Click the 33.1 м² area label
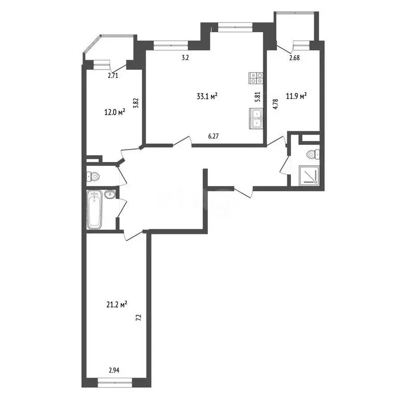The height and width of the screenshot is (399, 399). [x=207, y=97]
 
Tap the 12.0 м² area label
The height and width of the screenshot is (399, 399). [x=115, y=112]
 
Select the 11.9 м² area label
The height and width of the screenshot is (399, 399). [x=296, y=97]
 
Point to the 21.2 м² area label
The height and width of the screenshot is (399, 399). [x=117, y=304]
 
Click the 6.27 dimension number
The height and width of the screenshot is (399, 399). [x=214, y=137]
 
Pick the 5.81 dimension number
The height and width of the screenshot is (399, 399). [x=258, y=97]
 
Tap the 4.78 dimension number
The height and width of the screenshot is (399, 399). [x=275, y=104]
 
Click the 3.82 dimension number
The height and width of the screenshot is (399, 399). [x=137, y=103]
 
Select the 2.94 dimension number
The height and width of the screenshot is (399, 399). [x=114, y=370]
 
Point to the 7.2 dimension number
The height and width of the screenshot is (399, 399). [x=139, y=317]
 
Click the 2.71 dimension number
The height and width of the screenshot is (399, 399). [x=113, y=75]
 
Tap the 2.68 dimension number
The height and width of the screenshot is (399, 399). [x=295, y=58]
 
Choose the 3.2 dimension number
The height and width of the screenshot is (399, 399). [x=185, y=58]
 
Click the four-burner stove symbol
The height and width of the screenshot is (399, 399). [x=256, y=78]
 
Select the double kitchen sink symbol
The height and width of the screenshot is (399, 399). [x=256, y=118]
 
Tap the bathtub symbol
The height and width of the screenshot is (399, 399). [x=95, y=209]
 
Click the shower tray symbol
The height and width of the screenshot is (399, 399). [x=309, y=175]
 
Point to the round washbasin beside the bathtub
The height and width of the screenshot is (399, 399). [x=110, y=194]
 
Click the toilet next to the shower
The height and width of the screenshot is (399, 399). [x=313, y=154]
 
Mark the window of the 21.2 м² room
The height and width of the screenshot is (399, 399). [x=115, y=381]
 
